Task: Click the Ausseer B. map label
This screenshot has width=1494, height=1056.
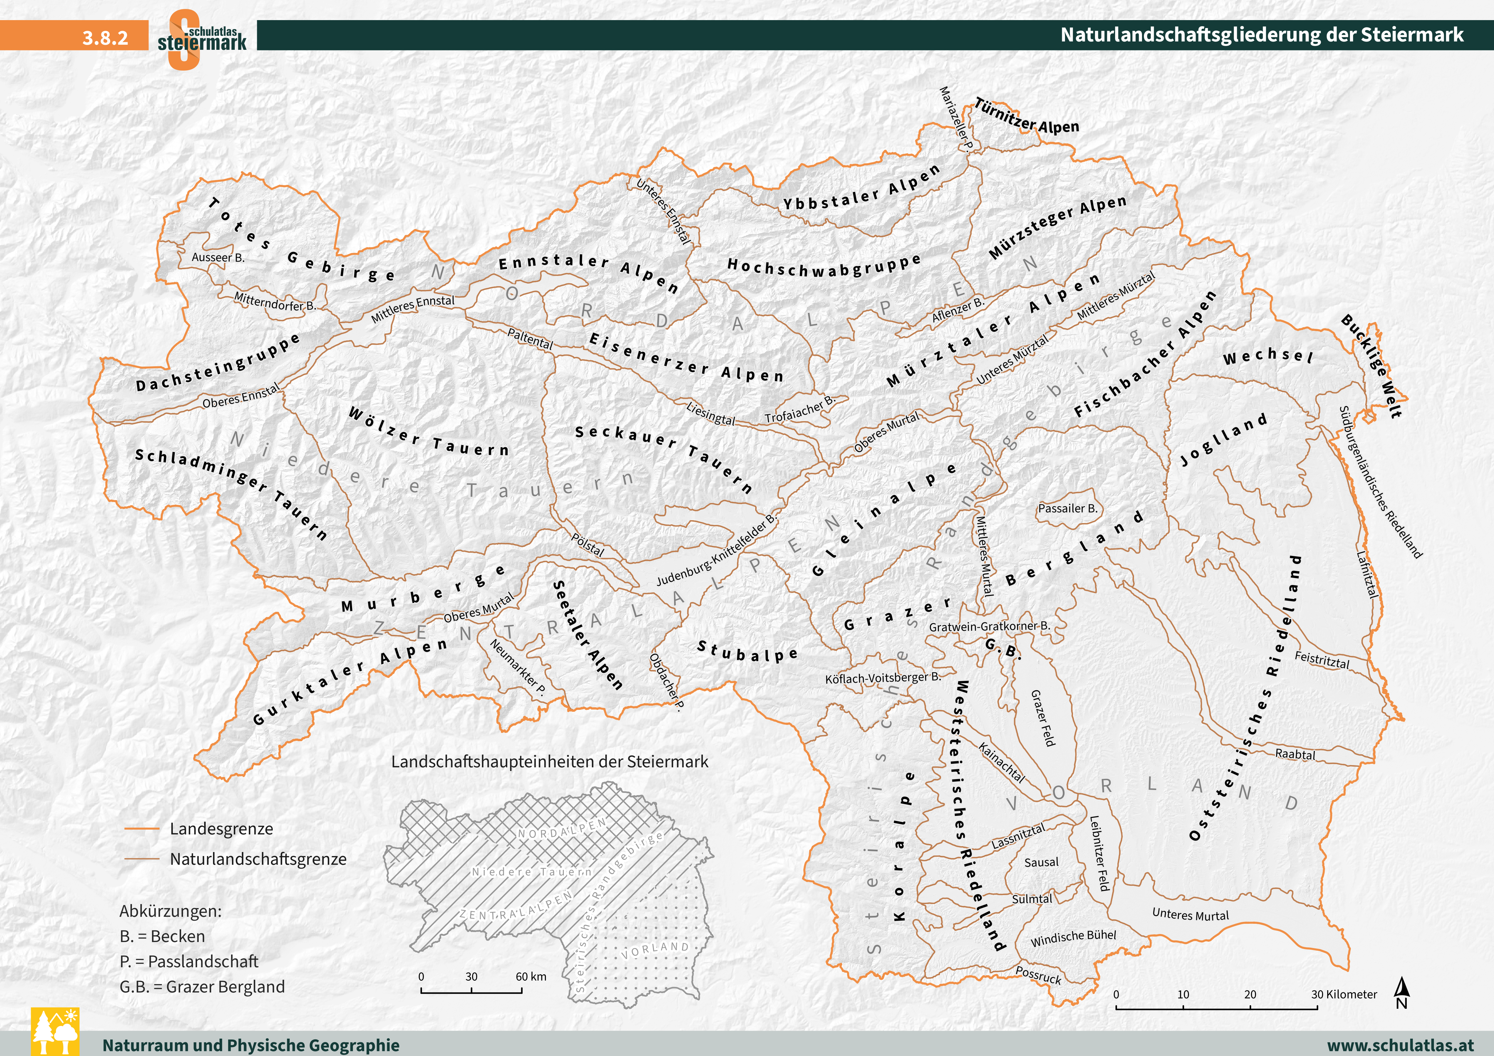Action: point(218,258)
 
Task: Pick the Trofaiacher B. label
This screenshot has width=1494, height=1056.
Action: point(799,410)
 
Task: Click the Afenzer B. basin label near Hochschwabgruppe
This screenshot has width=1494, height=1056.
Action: point(958,310)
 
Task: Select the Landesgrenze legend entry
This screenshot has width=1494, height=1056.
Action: point(221,829)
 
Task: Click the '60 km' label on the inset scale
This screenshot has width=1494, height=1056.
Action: point(531,976)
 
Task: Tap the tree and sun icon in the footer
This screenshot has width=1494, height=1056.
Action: point(55,1031)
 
